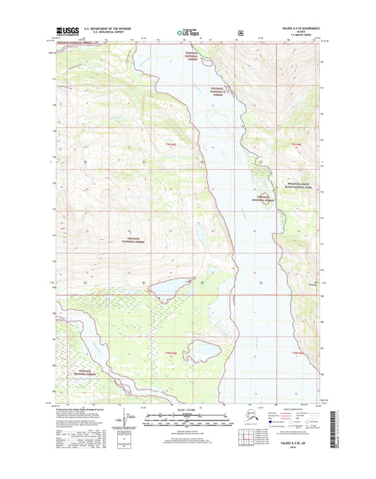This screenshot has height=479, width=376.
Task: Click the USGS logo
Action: [66, 31]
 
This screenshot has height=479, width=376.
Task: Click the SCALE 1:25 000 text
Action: [188, 411]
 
